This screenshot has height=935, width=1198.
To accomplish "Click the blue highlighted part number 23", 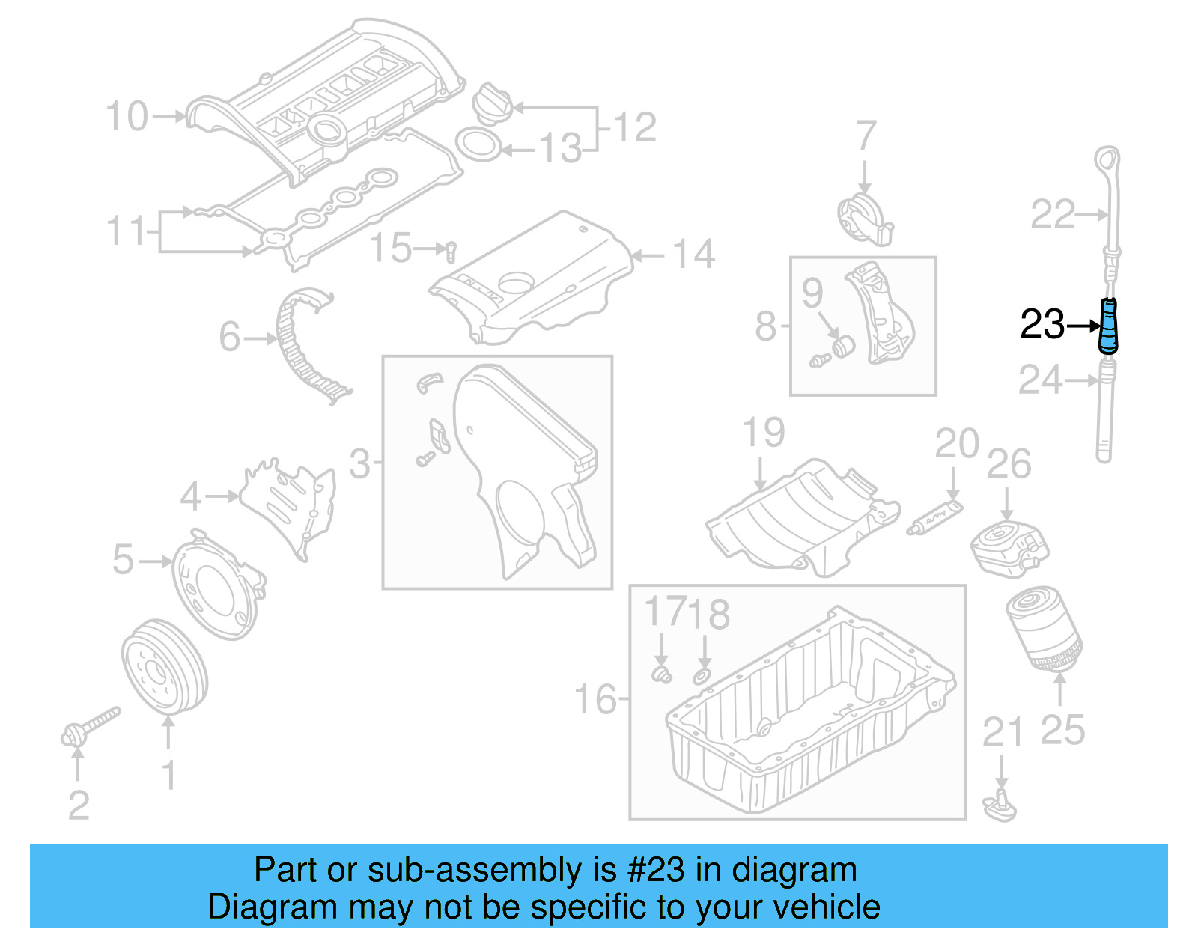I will pyautogui.click(x=1108, y=325).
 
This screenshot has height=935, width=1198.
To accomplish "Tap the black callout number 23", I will pyautogui.click(x=1042, y=325).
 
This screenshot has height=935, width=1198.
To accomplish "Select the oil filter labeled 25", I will pyautogui.click(x=1043, y=628).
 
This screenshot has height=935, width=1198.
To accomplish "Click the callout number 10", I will pyautogui.click(x=127, y=117).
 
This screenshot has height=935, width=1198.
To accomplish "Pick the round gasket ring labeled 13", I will pyautogui.click(x=478, y=144).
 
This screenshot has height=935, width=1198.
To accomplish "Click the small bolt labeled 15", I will pyautogui.click(x=450, y=251).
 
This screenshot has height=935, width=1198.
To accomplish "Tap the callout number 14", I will pyautogui.click(x=693, y=255).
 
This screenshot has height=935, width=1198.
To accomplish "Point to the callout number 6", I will pyautogui.click(x=230, y=337).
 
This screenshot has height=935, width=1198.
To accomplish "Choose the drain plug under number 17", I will pyautogui.click(x=661, y=674).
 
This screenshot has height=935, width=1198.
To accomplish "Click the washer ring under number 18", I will pyautogui.click(x=702, y=677).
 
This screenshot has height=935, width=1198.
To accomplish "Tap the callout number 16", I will pyautogui.click(x=595, y=700).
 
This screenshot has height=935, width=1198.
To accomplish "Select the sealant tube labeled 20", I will pyautogui.click(x=934, y=518).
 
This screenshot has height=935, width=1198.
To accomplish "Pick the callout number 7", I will pyautogui.click(x=866, y=135).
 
